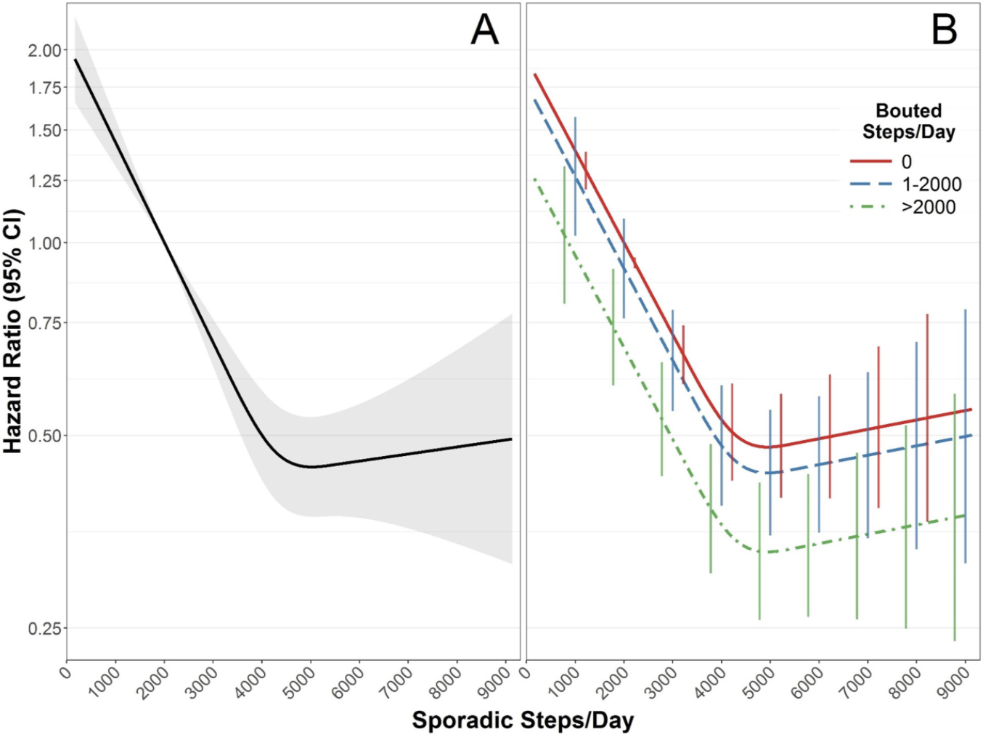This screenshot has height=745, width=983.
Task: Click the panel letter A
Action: point(485,30)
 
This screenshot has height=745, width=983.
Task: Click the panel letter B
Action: point(944,30)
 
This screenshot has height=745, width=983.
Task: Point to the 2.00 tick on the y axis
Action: point(45,51)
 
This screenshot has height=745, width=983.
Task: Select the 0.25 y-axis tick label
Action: point(45,629)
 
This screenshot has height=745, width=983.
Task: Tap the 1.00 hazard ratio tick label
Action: point(45,243)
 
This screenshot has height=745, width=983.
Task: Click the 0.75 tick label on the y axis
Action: point(45,323)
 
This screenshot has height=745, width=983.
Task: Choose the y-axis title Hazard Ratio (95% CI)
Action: point(13,331)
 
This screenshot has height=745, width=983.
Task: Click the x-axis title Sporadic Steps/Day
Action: point(523,720)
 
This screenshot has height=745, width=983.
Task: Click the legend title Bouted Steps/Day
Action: point(908,121)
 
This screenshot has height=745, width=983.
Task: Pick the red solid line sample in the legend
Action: point(870,161)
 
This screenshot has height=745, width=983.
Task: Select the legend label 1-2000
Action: point(931,184)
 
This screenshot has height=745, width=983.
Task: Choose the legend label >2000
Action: point(929,208)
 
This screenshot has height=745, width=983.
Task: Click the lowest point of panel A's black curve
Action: point(311,467)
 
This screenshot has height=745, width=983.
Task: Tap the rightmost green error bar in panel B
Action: point(955,517)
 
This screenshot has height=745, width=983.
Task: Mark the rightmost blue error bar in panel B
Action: point(965,436)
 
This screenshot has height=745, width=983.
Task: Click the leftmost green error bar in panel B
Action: point(564,235)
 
